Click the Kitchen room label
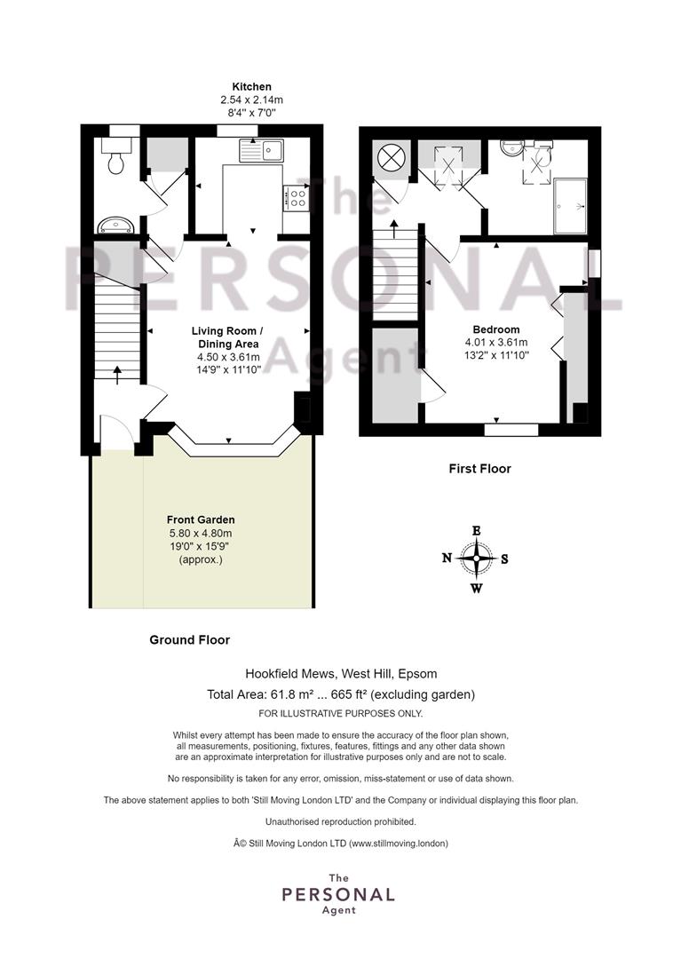coord(251,87)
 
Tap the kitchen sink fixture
coord(261,150)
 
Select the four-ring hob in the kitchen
coord(297,197)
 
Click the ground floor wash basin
coord(116,225)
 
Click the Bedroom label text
coord(495,329)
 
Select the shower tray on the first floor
coord(570,206)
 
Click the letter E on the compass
coord(477,531)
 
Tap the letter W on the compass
coord(476,589)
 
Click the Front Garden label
coord(201,519)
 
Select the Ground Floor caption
coord(189,639)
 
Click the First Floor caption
coord(479,469)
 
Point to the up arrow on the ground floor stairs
coord(117,375)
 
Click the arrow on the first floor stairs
coord(393,229)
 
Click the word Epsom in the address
coord(417,674)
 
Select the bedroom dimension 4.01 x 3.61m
coord(495,343)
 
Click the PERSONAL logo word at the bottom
coord(338,895)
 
